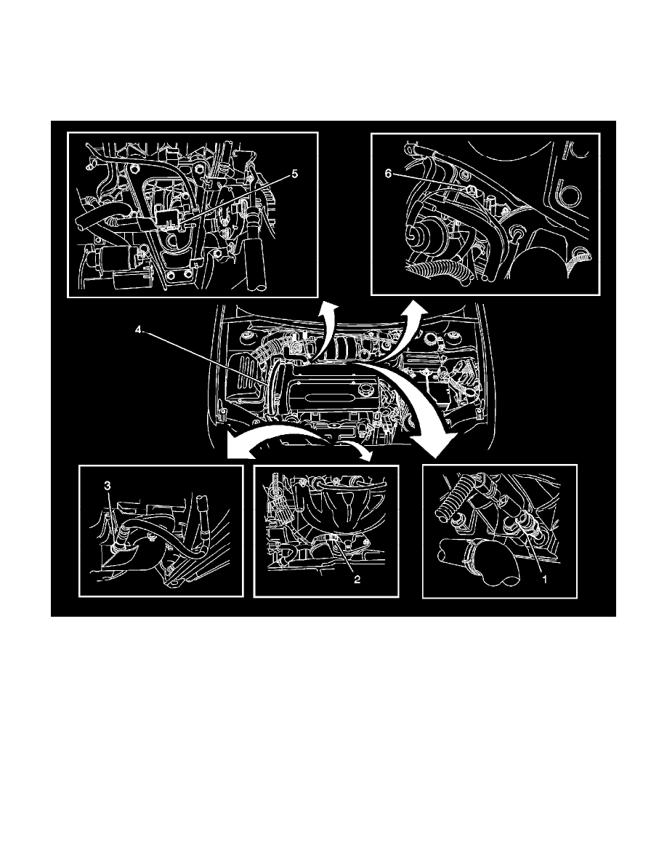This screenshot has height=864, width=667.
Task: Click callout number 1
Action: (544, 580)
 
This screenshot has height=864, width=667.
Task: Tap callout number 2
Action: (357, 580)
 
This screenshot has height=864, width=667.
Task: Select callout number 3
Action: (108, 485)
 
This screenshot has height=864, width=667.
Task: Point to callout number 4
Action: (139, 329)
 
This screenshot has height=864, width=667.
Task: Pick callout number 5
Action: (294, 174)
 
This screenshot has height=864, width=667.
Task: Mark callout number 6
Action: (388, 174)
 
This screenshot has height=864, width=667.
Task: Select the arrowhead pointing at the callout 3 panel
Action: (238, 450)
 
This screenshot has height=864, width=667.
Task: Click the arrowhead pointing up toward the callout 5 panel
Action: (329, 308)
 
